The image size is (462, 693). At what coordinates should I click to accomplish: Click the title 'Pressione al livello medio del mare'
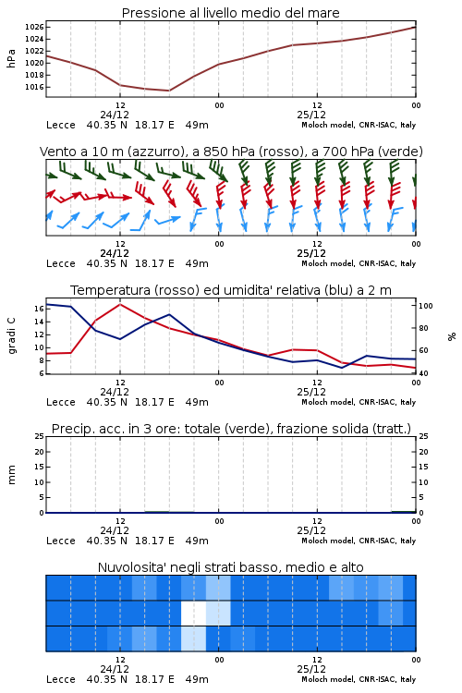click(x=230, y=13)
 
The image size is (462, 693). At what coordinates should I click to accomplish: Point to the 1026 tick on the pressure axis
click(x=34, y=27)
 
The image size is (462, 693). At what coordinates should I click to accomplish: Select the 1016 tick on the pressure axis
click(x=34, y=87)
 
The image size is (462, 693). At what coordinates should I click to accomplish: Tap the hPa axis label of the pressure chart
click(x=11, y=58)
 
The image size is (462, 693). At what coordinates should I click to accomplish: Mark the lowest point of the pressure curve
click(x=169, y=91)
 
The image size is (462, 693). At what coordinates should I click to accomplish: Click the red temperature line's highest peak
click(x=120, y=304)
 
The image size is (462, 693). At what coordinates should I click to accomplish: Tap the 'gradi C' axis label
click(x=11, y=336)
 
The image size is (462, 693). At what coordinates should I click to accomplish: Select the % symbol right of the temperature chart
click(x=452, y=336)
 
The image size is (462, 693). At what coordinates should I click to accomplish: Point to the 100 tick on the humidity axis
click(x=425, y=306)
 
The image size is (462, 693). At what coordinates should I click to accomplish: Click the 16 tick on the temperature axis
click(x=39, y=309)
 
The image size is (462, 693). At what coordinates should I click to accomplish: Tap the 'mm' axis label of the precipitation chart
click(x=11, y=475)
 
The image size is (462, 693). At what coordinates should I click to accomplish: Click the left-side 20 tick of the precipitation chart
click(x=39, y=452)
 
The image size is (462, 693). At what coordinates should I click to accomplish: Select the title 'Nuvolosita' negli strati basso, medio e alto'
click(x=230, y=567)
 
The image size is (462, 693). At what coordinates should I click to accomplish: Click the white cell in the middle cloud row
click(x=194, y=613)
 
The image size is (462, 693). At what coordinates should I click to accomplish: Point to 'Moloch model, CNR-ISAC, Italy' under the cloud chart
click(x=359, y=679)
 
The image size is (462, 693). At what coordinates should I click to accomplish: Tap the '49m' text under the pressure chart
click(x=197, y=125)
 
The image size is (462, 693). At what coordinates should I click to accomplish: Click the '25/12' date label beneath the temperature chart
click(x=311, y=392)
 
